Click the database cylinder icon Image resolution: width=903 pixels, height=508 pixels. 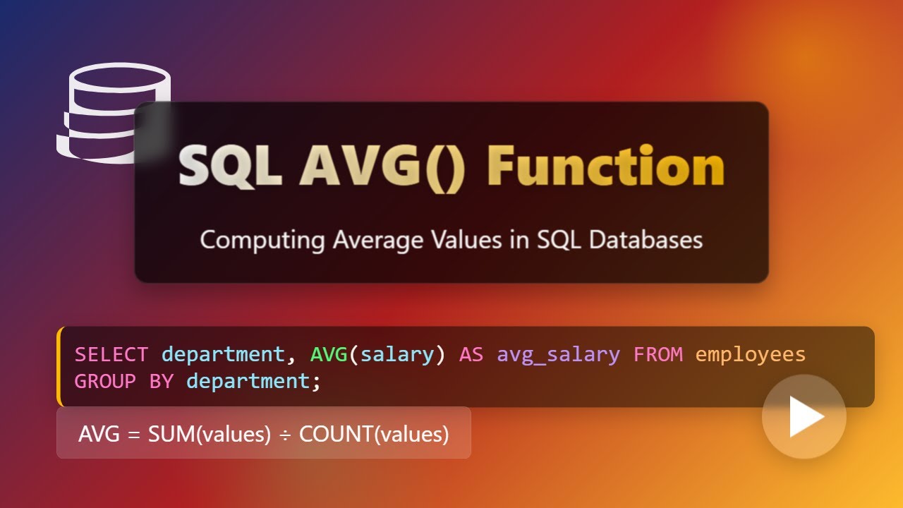[x=114, y=113]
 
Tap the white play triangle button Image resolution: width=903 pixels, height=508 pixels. [x=805, y=417]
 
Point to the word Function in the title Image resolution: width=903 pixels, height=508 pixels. [x=605, y=168]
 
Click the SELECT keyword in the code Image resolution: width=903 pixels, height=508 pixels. [x=111, y=354]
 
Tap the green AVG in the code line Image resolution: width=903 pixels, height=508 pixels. [x=329, y=354]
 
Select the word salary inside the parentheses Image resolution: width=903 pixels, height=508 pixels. [x=398, y=354]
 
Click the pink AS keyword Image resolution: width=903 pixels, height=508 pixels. [x=471, y=354]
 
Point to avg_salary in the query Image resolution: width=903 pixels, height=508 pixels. [x=558, y=354]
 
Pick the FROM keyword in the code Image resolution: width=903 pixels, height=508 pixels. [x=658, y=354]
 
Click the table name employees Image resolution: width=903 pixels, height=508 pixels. [x=751, y=354]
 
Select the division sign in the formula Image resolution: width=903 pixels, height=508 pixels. [x=285, y=434]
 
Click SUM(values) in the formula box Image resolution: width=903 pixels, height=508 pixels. [x=210, y=434]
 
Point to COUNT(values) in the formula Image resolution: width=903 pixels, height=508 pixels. [x=374, y=434]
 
